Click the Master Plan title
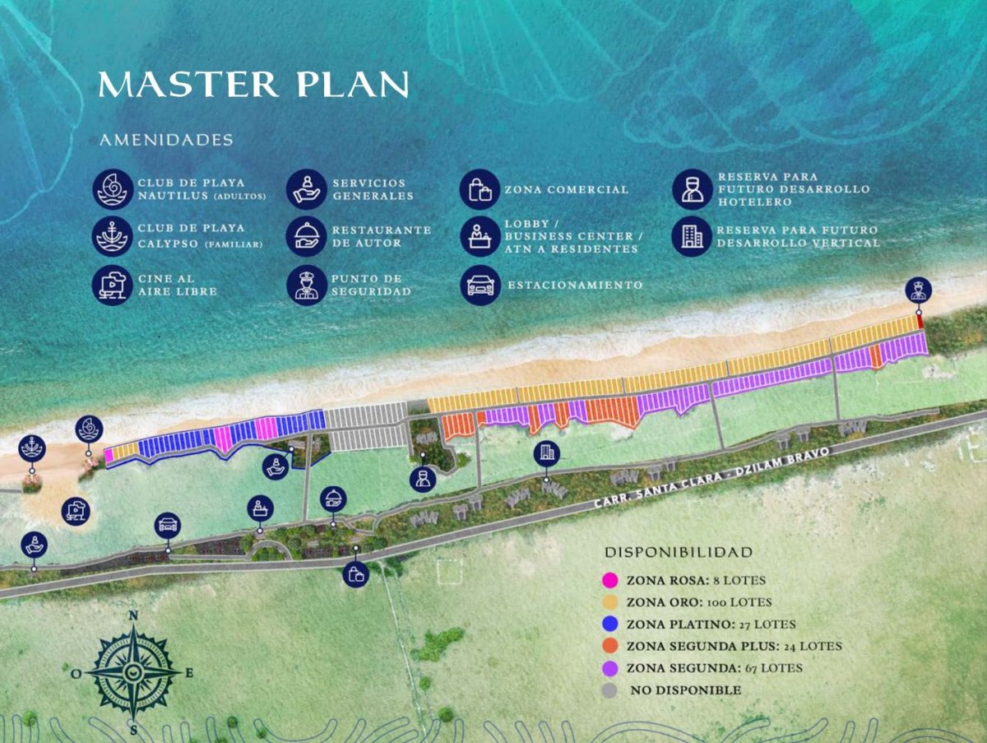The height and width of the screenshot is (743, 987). tap(253, 85)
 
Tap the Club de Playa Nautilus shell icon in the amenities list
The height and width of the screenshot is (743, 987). tap(113, 189)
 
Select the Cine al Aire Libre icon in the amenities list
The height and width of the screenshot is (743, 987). tap(113, 285)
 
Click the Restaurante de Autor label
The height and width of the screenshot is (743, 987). tap(381, 236)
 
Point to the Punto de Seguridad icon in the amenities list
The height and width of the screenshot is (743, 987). tap(307, 285)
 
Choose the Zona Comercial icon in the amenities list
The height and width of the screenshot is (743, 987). tap(480, 189)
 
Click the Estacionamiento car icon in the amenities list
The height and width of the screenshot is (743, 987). tap(480, 285)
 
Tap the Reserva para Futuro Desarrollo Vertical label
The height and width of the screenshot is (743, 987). tap(797, 236)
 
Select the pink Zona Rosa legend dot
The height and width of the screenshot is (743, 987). tap(609, 580)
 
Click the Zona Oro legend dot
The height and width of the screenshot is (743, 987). tap(609, 602)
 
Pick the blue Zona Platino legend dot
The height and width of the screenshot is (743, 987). tap(609, 625)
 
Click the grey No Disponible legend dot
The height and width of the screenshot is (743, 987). tap(609, 690)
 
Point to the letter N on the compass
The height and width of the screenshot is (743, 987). tap(133, 615)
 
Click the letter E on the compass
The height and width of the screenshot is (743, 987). tap(189, 673)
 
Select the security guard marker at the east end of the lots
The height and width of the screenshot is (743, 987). tap(919, 290)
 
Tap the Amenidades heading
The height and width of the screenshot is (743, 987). tap(166, 141)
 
